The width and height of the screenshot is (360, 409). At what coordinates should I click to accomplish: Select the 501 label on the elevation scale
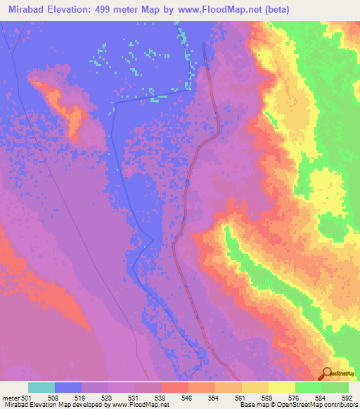click(27, 396)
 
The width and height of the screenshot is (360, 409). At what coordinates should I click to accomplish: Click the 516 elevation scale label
click(80, 396)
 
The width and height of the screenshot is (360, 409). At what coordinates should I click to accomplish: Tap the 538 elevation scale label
click(160, 396)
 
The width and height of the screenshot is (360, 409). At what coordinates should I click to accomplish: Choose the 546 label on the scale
click(187, 396)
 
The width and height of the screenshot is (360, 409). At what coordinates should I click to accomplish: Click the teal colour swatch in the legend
click(41, 387)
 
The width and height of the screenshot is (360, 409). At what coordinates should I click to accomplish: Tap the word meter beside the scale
click(11, 396)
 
